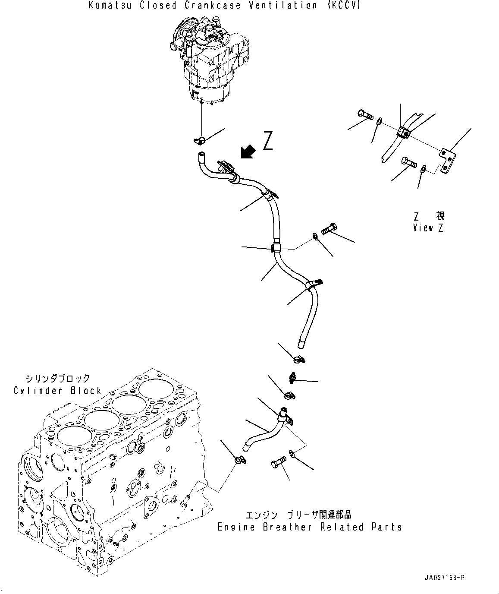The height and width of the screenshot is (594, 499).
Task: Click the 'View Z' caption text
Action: pos(428,228)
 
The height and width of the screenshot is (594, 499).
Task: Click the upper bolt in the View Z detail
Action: pos(364,115)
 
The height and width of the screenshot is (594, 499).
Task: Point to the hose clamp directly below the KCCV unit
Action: pos(199,139)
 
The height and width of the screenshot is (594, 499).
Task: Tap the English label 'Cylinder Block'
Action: pos(57,391)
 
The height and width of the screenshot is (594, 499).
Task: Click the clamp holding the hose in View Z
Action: pos(404,132)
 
